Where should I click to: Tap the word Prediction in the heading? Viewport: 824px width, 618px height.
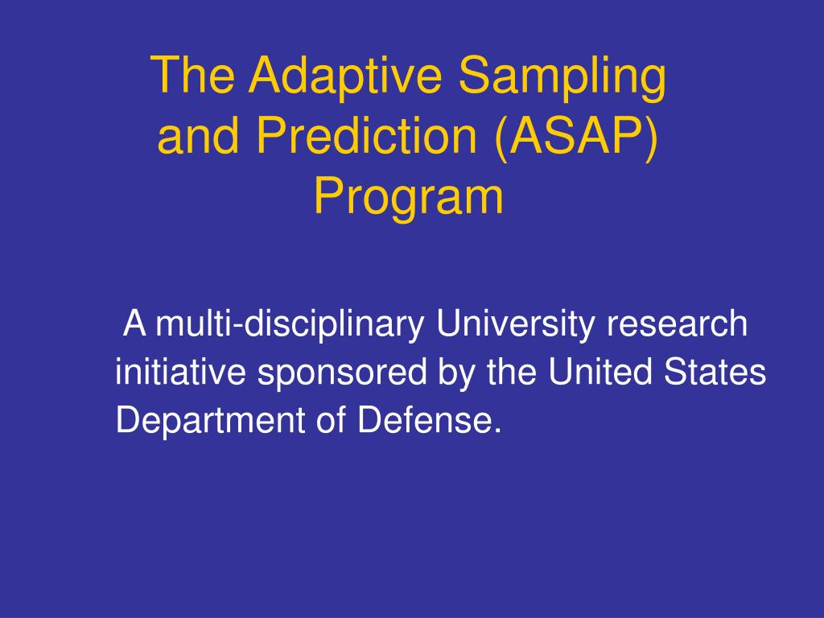(367, 135)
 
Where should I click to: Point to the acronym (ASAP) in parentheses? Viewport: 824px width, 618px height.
(576, 137)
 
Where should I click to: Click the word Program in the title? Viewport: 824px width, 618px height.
(409, 198)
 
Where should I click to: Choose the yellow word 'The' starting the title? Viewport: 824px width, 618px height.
(192, 75)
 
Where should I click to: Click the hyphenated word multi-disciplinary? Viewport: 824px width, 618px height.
(290, 325)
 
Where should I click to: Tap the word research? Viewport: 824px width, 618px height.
(678, 325)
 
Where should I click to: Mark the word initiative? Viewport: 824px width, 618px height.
(181, 372)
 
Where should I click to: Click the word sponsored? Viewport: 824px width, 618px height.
(342, 373)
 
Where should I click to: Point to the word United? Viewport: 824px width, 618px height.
(600, 372)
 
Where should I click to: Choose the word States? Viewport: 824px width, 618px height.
(715, 372)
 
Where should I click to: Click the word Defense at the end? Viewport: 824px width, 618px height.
(430, 420)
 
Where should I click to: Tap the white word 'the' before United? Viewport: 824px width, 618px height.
(512, 372)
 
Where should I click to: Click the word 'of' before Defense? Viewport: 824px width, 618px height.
(332, 420)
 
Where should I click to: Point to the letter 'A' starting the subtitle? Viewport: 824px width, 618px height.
(134, 323)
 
